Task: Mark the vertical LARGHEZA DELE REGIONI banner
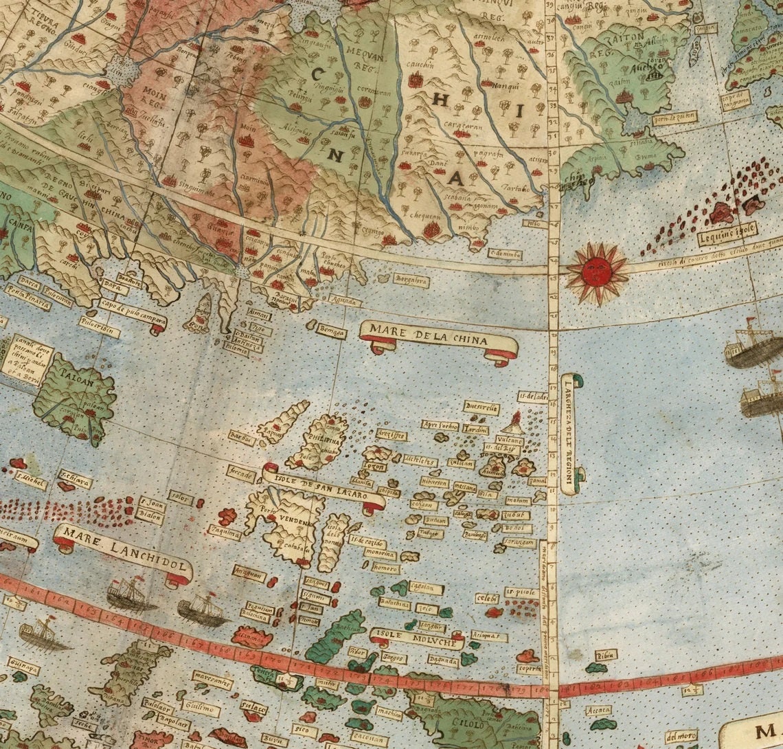[569, 433]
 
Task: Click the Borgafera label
[411, 280]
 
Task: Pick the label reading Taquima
[225, 532]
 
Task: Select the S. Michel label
[30, 476]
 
